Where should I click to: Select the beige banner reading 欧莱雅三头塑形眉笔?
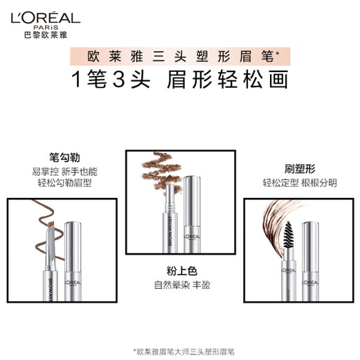pos(180,54)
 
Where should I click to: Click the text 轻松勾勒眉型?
pos(57,182)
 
